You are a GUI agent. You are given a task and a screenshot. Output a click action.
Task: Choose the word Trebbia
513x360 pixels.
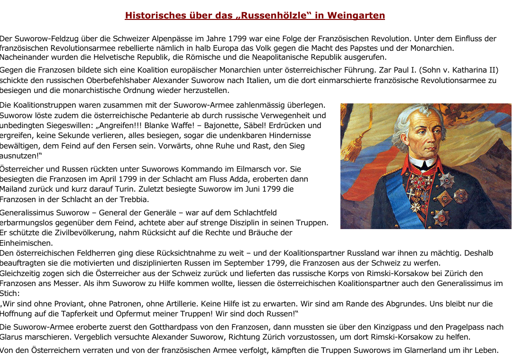pyautogui.click(x=134, y=199)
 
